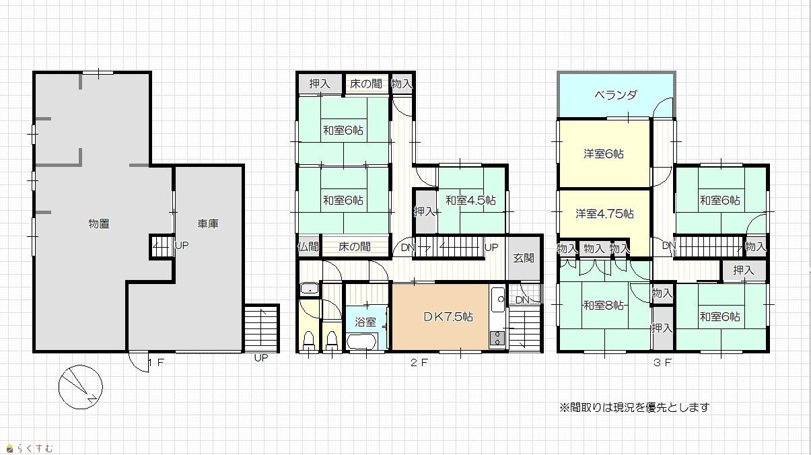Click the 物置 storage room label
coord(99,223)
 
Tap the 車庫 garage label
coord(208,223)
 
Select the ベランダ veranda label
coord(616,95)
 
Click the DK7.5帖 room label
coord(448,317)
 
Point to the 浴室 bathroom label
coord(365,322)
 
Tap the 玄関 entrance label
coord(524,258)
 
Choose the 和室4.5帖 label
coord(470,200)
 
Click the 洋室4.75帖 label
coord(604,213)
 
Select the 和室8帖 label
coord(603,306)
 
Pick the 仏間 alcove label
coord(308,247)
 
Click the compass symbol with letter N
coord(80,387)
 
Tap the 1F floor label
coord(156,362)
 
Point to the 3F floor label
coord(662,363)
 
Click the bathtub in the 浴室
coord(361,341)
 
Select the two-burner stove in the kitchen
coord(497,339)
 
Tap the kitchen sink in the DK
coord(498,300)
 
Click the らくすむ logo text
coord(30,448)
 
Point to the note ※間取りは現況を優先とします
coord(634,408)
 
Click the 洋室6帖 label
coord(604,154)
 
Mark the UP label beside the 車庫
coord(182,246)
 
